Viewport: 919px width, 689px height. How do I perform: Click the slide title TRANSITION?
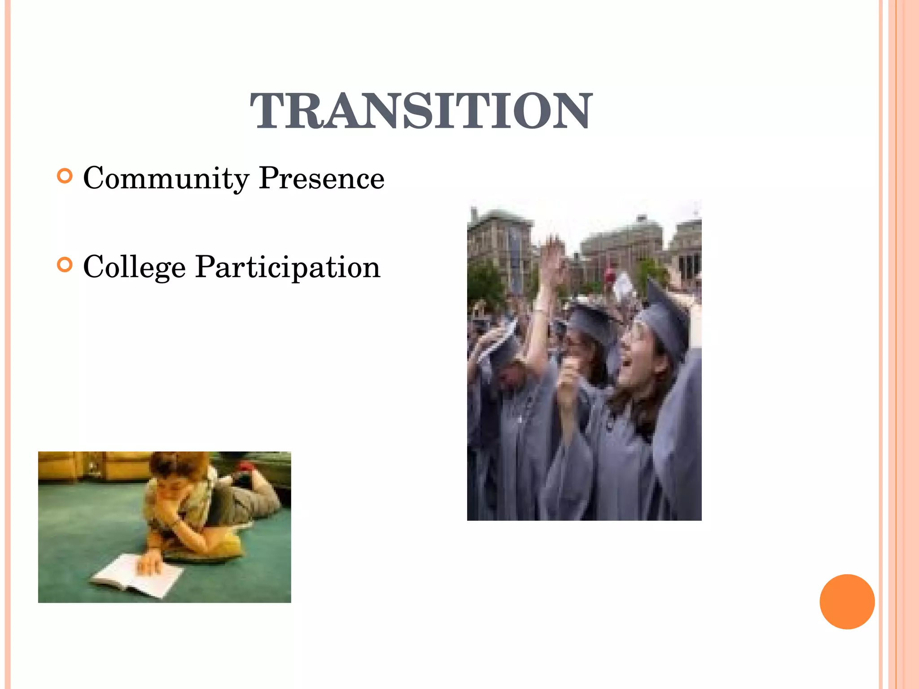(421, 111)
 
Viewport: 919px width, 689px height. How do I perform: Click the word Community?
(166, 179)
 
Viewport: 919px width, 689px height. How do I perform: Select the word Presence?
(322, 178)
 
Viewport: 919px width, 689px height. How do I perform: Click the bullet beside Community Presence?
(65, 176)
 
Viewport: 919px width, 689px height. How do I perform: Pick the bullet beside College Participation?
(65, 265)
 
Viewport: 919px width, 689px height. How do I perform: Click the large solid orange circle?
(847, 602)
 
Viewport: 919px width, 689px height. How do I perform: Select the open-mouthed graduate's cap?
(664, 316)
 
